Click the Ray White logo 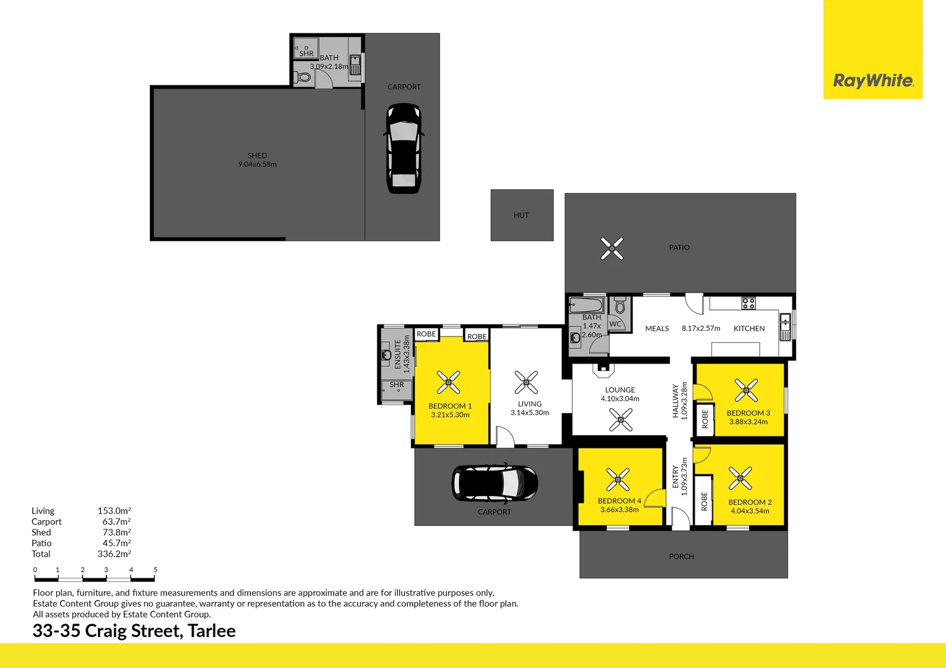(x=872, y=80)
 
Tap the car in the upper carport (x=403, y=148)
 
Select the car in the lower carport (x=495, y=482)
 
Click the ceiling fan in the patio (x=612, y=249)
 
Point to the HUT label (x=521, y=215)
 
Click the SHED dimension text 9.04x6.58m (x=257, y=165)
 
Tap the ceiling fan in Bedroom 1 (x=448, y=382)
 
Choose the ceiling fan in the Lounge (x=620, y=420)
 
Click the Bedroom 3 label (x=748, y=413)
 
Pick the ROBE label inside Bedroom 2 (x=704, y=501)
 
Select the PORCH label (x=681, y=557)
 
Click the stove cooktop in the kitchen (x=749, y=303)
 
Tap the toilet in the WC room (x=620, y=306)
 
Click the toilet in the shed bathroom (x=303, y=78)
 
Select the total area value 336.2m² (x=114, y=554)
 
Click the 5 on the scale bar (x=155, y=570)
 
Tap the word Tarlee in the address (x=212, y=631)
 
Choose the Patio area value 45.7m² (x=116, y=544)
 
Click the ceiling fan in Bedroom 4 (x=618, y=479)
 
